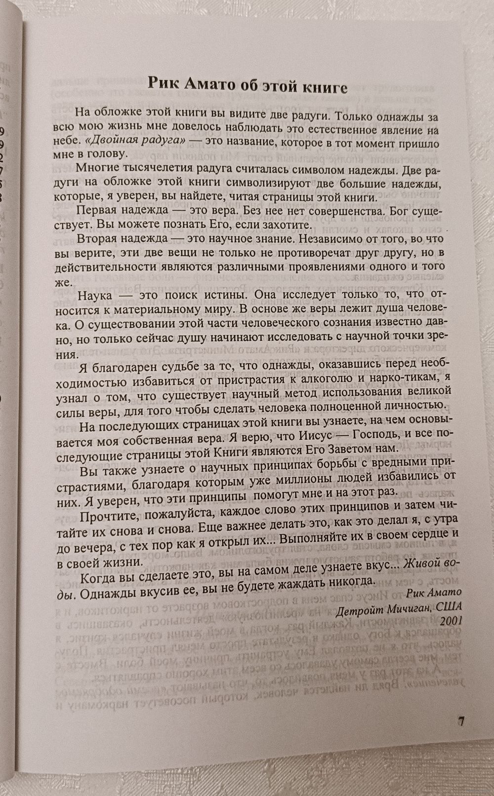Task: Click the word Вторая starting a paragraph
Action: [100, 239]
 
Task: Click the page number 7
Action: [461, 721]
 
